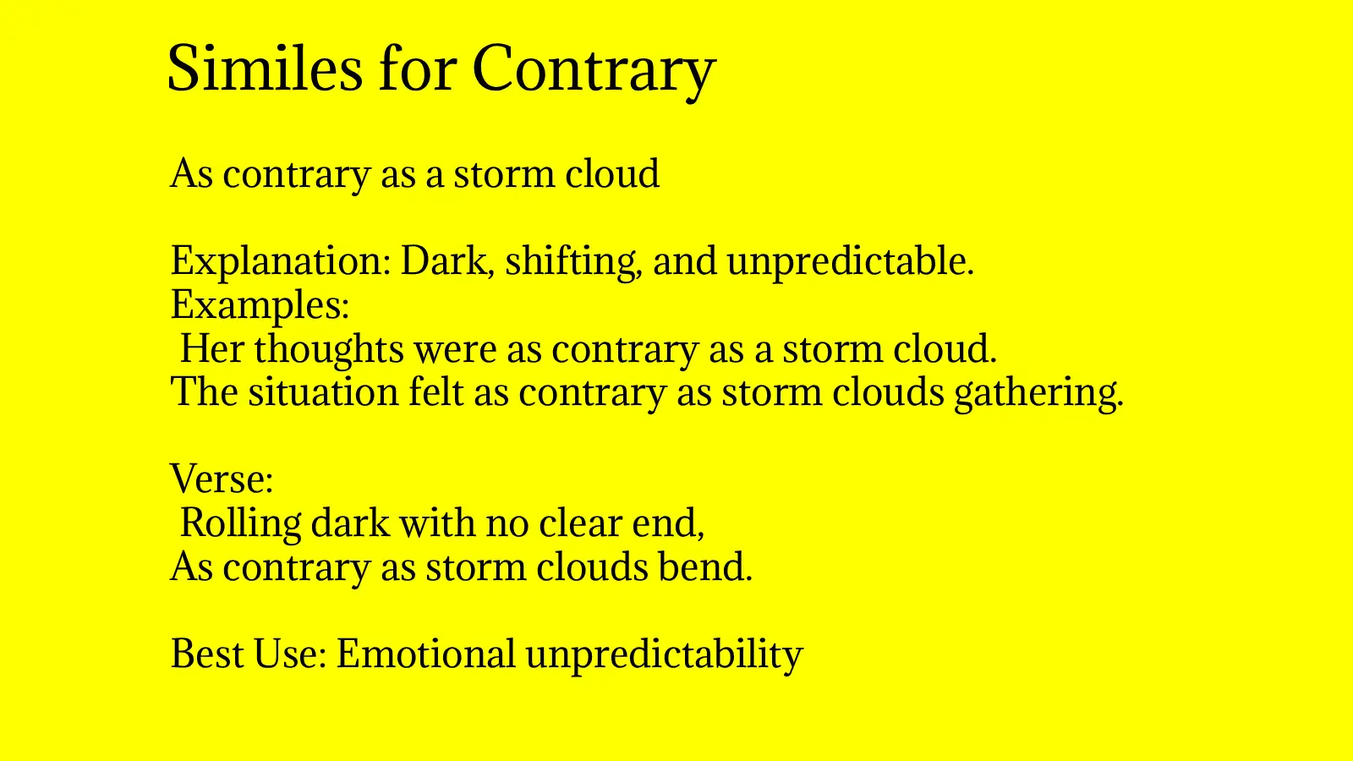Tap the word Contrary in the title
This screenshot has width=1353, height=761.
pyautogui.click(x=594, y=69)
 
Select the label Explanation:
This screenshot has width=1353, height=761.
pyautogui.click(x=280, y=260)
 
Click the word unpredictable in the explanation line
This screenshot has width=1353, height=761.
pyautogui.click(x=850, y=260)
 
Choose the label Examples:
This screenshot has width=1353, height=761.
pyautogui.click(x=260, y=304)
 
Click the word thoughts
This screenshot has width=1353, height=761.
pyautogui.click(x=328, y=348)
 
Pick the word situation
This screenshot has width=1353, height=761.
pyautogui.click(x=323, y=392)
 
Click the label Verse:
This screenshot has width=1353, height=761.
pyautogui.click(x=222, y=479)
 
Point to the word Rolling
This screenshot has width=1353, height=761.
pyautogui.click(x=240, y=523)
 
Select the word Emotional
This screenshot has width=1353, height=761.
pyautogui.click(x=425, y=654)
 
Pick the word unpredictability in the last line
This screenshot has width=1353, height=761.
pyautogui.click(x=664, y=655)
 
